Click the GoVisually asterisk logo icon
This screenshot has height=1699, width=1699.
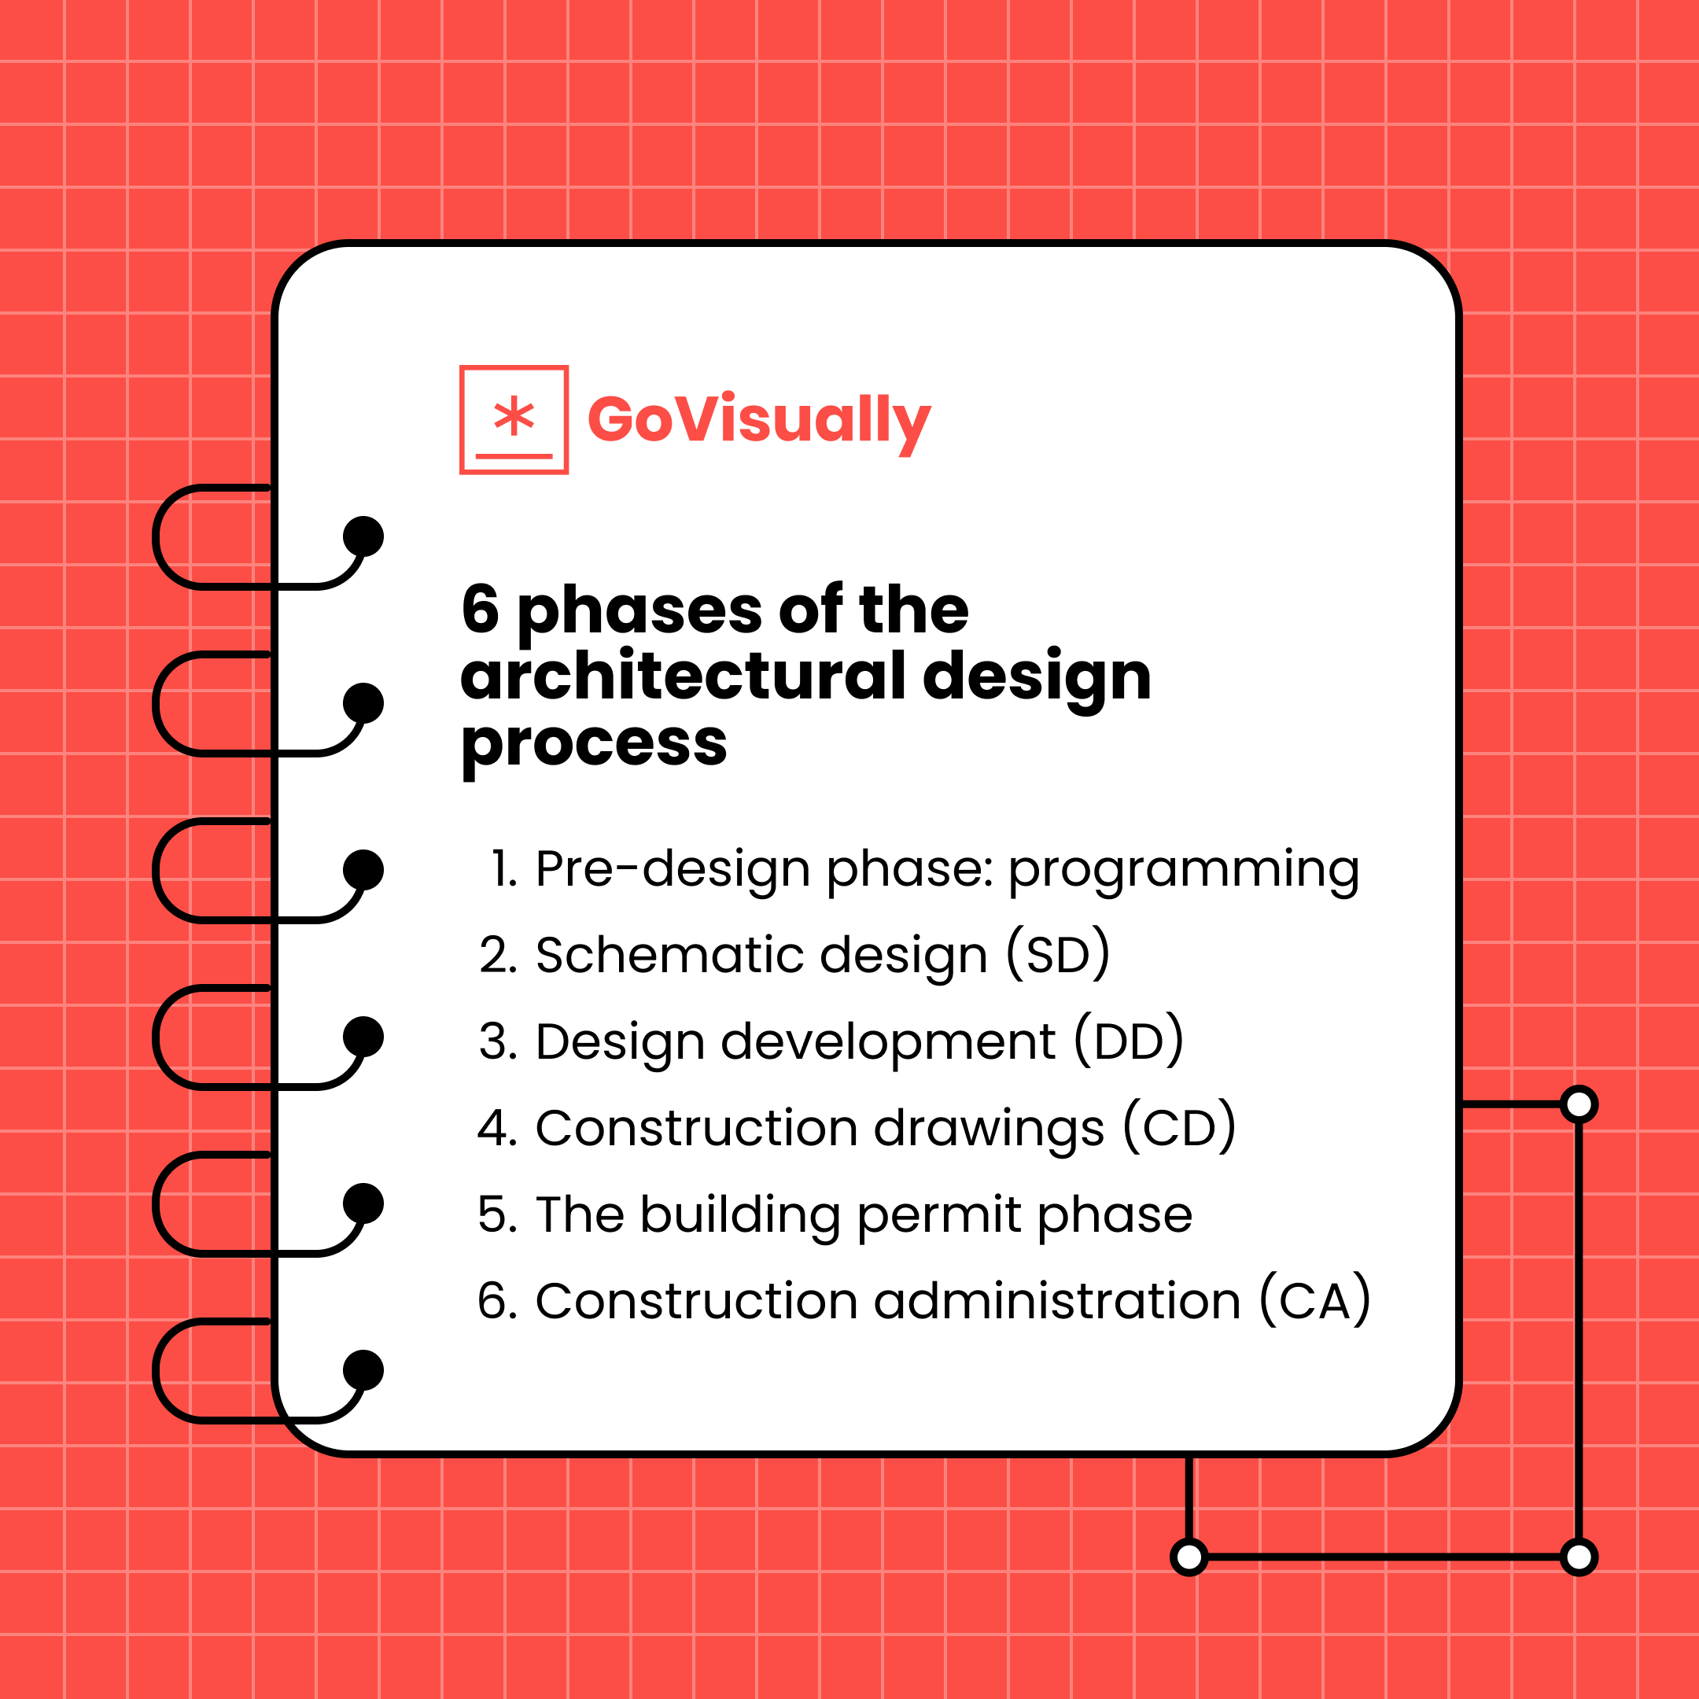(x=514, y=419)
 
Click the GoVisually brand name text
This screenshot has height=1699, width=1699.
(x=758, y=419)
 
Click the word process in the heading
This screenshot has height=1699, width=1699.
(x=594, y=744)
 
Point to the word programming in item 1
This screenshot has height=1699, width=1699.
(x=1183, y=870)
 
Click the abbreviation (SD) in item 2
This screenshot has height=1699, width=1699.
(x=1058, y=955)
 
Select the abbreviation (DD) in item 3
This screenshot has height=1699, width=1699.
(x=1128, y=1041)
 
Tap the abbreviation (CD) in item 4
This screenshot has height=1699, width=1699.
(x=1179, y=1127)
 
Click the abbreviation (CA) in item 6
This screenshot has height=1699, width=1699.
(x=1314, y=1301)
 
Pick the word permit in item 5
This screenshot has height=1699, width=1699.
(x=938, y=1215)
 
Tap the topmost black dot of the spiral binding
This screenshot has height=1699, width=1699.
(x=363, y=536)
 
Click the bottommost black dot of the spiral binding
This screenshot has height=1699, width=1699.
(x=363, y=1369)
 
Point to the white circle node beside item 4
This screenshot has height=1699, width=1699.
(x=1579, y=1104)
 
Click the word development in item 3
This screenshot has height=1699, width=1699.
(x=887, y=1041)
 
